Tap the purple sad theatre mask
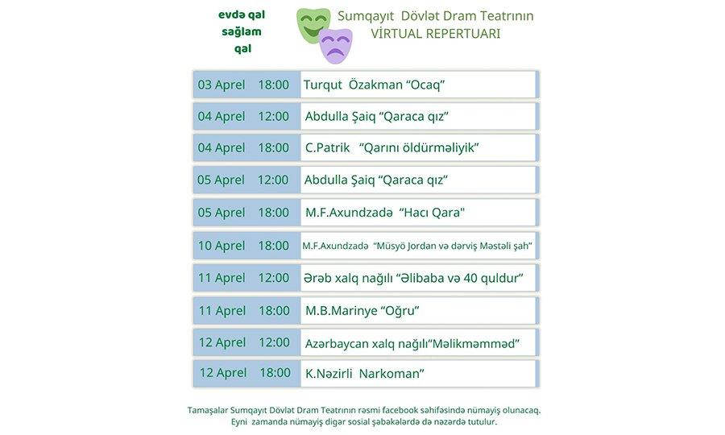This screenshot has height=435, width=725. pyautogui.click(x=336, y=46)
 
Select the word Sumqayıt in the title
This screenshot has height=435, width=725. pyautogui.click(x=366, y=16)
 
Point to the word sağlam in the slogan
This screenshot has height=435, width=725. pyautogui.click(x=242, y=32)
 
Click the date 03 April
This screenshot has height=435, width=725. pyautogui.click(x=222, y=85)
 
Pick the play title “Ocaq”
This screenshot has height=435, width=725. pyautogui.click(x=420, y=85)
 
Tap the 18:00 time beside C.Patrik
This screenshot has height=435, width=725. pyautogui.click(x=273, y=148)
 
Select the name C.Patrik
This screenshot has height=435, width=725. pyautogui.click(x=327, y=148)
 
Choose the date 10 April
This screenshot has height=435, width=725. pyautogui.click(x=222, y=246)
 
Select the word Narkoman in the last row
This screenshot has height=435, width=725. pyautogui.click(x=391, y=374)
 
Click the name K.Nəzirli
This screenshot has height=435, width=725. pyautogui.click(x=329, y=374)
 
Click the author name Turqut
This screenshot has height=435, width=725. pyautogui.click(x=323, y=85)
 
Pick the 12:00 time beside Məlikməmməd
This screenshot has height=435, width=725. pyautogui.click(x=274, y=342)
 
